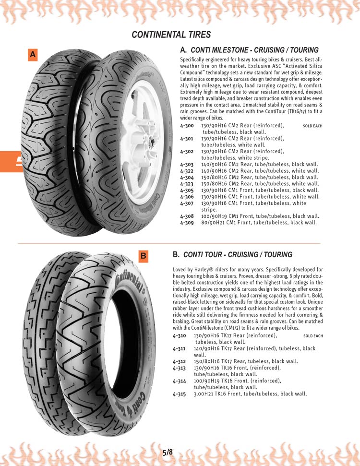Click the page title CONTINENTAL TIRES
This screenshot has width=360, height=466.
click(x=171, y=35)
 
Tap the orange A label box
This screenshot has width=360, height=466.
click(x=33, y=55)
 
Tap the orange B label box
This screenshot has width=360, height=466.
click(x=143, y=256)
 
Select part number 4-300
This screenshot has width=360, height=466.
click(x=187, y=125)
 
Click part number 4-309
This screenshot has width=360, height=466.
click(x=187, y=222)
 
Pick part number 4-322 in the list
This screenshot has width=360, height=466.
click(x=187, y=170)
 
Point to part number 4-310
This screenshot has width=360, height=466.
click(x=180, y=336)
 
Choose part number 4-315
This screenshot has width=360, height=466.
click(x=180, y=394)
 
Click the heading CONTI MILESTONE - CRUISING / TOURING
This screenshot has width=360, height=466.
click(x=254, y=50)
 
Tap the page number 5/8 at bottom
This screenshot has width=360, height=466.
click(x=168, y=452)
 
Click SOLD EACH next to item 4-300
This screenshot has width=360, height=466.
click(x=313, y=126)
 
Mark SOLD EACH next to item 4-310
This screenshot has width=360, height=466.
click(x=313, y=336)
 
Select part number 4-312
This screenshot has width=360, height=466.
click(x=180, y=361)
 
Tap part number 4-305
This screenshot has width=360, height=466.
click(x=187, y=190)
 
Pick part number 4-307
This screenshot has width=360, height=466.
click(x=187, y=203)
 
